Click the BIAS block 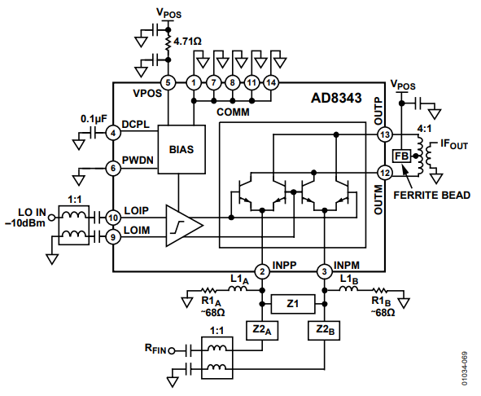181,150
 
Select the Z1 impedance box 293,303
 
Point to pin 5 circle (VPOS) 168,82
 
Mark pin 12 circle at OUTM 385,173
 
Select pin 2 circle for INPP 262,271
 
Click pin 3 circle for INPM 323,271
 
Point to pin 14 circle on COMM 272,82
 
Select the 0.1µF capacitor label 94,118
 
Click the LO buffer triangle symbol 183,226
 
